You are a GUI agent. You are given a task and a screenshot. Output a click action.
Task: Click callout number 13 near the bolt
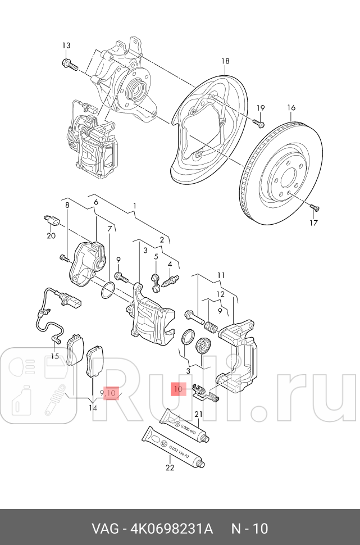click(66, 46)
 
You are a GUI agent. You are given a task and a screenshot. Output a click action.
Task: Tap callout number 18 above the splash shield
click(225, 61)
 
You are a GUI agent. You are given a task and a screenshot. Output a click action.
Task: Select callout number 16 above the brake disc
click(291, 107)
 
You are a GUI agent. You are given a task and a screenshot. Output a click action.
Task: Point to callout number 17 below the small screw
click(313, 222)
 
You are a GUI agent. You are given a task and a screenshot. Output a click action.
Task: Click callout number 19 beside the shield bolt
click(261, 108)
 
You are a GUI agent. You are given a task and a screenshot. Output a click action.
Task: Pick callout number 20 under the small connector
click(51, 235)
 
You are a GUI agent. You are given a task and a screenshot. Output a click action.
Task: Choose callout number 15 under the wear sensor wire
click(54, 356)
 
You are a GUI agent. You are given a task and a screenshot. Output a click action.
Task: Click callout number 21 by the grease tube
click(198, 415)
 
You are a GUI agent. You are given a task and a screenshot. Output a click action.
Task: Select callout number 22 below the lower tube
click(170, 466)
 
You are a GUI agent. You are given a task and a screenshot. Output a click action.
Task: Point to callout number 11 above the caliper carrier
click(221, 275)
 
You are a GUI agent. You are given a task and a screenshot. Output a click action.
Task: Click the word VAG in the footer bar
click(104, 529)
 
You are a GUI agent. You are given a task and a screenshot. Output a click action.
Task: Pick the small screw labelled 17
click(315, 208)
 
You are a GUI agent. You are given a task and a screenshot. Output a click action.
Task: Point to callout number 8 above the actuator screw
click(67, 206)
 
